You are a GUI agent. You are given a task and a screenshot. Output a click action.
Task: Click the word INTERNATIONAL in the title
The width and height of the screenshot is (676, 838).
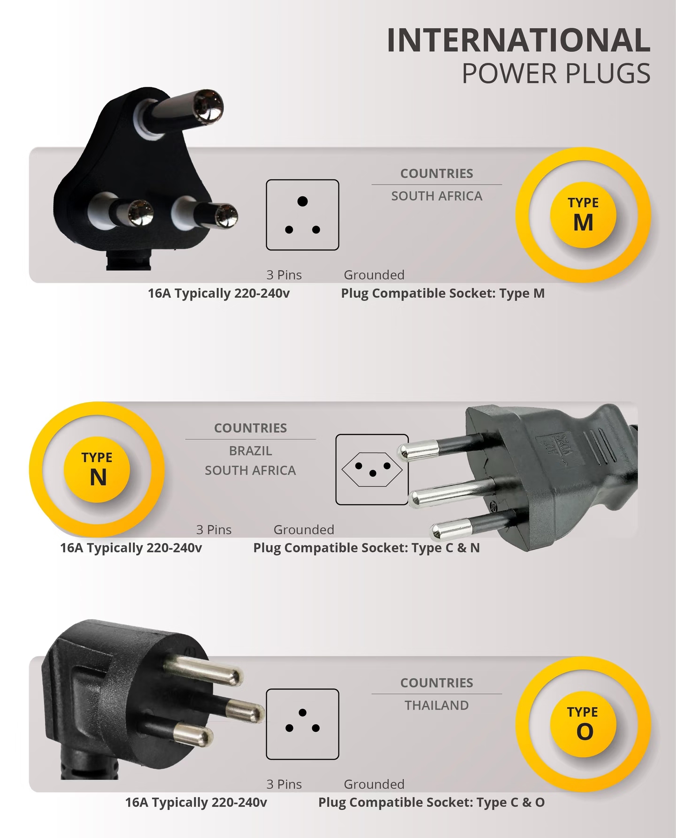pos(519,40)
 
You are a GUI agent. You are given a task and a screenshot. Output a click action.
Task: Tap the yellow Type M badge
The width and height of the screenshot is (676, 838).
pos(583,215)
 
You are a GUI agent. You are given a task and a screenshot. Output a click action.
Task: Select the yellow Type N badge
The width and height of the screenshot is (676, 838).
pos(97,470)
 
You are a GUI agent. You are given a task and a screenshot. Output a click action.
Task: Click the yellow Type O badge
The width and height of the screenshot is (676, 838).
pos(583,724)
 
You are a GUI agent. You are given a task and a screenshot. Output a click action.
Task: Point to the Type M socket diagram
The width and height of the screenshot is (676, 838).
pos(302,215)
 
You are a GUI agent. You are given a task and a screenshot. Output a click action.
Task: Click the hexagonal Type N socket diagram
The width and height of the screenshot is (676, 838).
pos(372,469)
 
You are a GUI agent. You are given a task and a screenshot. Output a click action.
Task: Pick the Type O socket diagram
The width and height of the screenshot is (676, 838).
pos(302,724)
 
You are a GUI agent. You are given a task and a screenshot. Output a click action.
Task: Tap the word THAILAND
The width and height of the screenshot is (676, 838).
pos(437,705)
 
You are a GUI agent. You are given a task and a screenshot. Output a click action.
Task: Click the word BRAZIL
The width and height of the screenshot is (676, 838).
pos(250,450)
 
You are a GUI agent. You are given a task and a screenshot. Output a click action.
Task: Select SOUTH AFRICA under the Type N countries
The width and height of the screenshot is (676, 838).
pos(250,470)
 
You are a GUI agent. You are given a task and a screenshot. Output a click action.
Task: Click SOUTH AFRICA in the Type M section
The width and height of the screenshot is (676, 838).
pos(437,196)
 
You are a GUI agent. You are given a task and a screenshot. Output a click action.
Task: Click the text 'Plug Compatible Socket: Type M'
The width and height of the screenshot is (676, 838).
pos(443,293)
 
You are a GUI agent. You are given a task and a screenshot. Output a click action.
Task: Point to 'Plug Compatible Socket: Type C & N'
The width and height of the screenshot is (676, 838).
pos(366,548)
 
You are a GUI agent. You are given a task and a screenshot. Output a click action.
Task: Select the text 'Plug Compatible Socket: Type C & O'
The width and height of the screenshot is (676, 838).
pos(431,802)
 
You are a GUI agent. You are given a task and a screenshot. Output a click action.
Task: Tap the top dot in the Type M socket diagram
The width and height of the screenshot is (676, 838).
pos(302,201)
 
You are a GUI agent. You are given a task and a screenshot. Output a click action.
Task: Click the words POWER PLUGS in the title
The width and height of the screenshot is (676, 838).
pos(556,74)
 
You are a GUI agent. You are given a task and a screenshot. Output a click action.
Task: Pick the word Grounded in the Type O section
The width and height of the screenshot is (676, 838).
pos(374,784)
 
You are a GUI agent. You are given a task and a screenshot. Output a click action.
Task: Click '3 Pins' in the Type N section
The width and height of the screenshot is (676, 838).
pos(214,529)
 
